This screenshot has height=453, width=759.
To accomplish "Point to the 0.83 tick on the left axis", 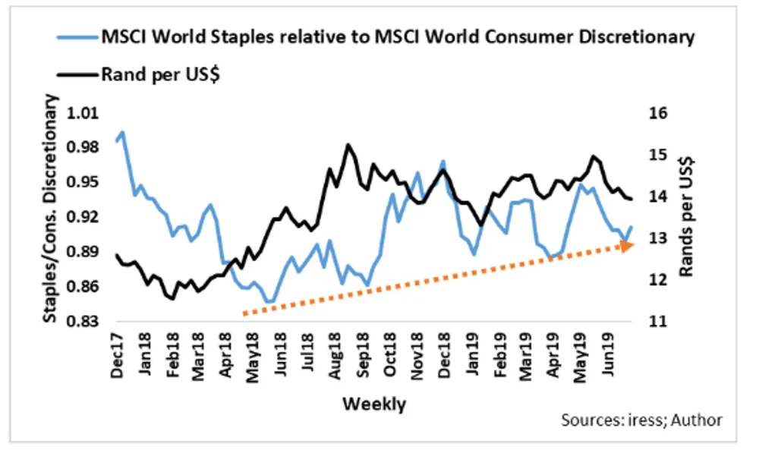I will [x=85, y=322].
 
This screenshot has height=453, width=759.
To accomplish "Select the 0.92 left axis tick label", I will [x=85, y=217].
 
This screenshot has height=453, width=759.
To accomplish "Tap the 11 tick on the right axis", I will [x=657, y=322].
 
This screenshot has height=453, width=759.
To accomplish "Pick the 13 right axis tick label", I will [x=657, y=238].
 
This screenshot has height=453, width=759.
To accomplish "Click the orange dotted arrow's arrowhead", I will [x=625, y=245].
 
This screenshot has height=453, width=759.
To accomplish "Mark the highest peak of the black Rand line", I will [x=348, y=144].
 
